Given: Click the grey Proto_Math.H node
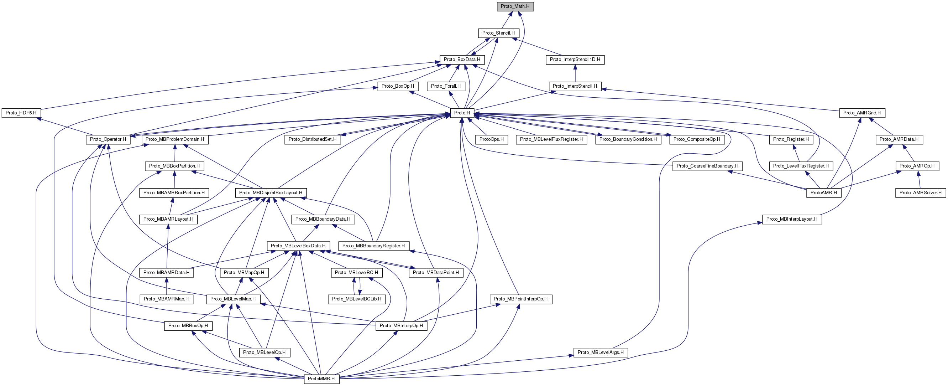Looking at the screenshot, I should (515, 6).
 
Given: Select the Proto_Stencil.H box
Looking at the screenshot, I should (498, 33).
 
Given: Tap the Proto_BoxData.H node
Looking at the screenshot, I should (462, 60).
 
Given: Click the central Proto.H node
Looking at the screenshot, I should (462, 113).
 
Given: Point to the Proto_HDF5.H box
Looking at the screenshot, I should (21, 113).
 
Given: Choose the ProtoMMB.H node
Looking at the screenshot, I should (321, 379).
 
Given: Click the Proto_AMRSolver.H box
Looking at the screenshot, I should (920, 192).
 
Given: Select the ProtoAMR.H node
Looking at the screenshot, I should (824, 192).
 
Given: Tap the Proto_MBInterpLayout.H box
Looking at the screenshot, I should (792, 219).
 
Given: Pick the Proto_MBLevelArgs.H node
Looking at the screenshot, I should (601, 352).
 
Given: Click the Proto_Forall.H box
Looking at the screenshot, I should (446, 86).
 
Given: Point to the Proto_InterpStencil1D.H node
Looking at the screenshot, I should (575, 60).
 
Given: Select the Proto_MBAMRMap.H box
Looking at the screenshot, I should (166, 299).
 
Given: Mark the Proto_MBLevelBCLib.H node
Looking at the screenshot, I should (357, 299).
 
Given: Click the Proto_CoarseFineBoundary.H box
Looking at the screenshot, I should (707, 166).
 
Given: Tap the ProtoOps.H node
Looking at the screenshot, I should (491, 140).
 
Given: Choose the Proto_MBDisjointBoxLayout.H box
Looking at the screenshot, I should (271, 192).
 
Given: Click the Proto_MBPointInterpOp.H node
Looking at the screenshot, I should (520, 299).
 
